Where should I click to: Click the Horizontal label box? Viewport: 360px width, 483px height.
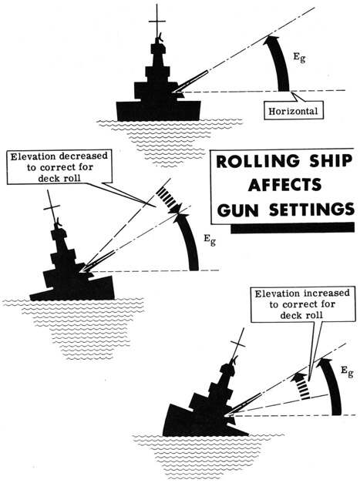tap(294, 110)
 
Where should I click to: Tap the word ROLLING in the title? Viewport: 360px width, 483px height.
tap(257, 162)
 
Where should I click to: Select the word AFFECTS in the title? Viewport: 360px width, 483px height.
tap(284, 185)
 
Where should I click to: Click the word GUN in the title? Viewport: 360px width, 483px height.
tap(237, 210)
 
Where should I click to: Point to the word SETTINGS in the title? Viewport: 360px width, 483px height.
tap(311, 210)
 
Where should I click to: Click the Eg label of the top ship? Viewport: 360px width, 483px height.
tap(299, 57)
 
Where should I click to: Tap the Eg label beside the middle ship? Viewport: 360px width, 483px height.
tap(209, 240)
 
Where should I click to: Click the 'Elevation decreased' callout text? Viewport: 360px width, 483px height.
tap(59, 167)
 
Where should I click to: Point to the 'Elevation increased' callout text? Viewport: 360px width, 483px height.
tap(302, 304)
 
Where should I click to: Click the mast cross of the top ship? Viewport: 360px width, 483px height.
tap(157, 22)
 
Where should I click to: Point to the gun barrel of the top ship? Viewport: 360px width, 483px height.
tap(190, 81)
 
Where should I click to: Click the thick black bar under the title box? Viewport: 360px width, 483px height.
tap(292, 228)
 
